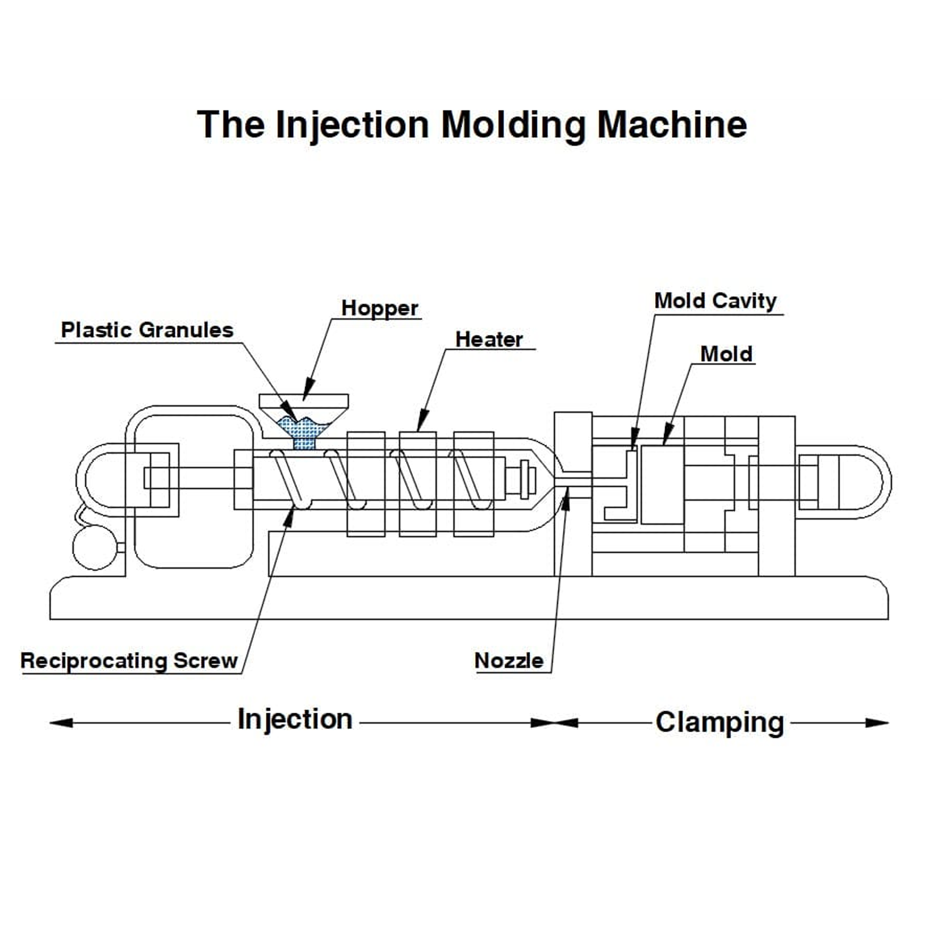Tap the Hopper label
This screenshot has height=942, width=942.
(x=379, y=308)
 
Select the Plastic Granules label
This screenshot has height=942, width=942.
(x=147, y=330)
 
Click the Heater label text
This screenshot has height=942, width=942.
(x=489, y=340)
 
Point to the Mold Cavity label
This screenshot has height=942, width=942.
(x=715, y=301)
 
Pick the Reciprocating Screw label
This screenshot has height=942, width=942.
(x=129, y=661)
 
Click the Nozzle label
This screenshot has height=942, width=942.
(x=509, y=661)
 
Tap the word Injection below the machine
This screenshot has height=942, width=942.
(x=295, y=720)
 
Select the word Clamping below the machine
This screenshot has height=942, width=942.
(x=720, y=723)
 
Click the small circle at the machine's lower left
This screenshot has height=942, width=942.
(x=95, y=548)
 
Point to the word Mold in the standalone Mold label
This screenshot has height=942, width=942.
(x=726, y=354)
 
